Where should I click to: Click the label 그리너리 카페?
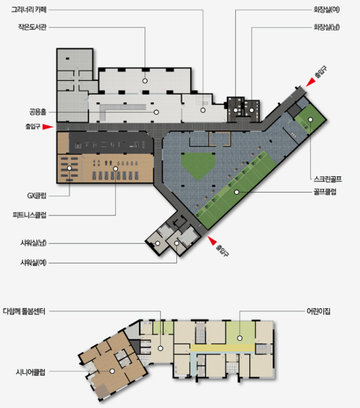pyautogui.click(x=29, y=10)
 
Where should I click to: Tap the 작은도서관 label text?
pyautogui.click(x=32, y=27)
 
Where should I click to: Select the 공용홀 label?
pyautogui.click(x=38, y=112)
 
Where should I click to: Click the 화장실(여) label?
pyautogui.click(x=326, y=10)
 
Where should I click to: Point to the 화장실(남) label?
pyautogui.click(x=326, y=27)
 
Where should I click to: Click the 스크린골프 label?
pyautogui.click(x=328, y=179)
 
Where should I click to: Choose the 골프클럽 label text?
pyautogui.click(x=325, y=192)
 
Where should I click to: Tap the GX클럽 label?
pyautogui.click(x=37, y=196)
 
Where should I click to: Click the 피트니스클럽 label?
pyautogui.click(x=29, y=215)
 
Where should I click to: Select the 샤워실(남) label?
pyautogui.click(x=34, y=243)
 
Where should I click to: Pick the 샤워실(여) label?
pyautogui.click(x=34, y=263)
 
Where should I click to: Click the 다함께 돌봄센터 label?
pyautogui.click(x=24, y=311)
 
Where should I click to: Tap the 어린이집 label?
pyautogui.click(x=319, y=311)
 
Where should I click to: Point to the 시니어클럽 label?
pyautogui.click(x=31, y=373)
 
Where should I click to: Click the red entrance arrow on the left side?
pyautogui.click(x=48, y=127)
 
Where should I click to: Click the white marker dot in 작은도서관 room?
pyautogui.click(x=145, y=81)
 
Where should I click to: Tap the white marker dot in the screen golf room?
pyautogui.click(x=310, y=119)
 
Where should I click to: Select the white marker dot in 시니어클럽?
pyautogui.click(x=112, y=371)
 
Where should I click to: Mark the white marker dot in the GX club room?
pyautogui.click(x=70, y=169)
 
